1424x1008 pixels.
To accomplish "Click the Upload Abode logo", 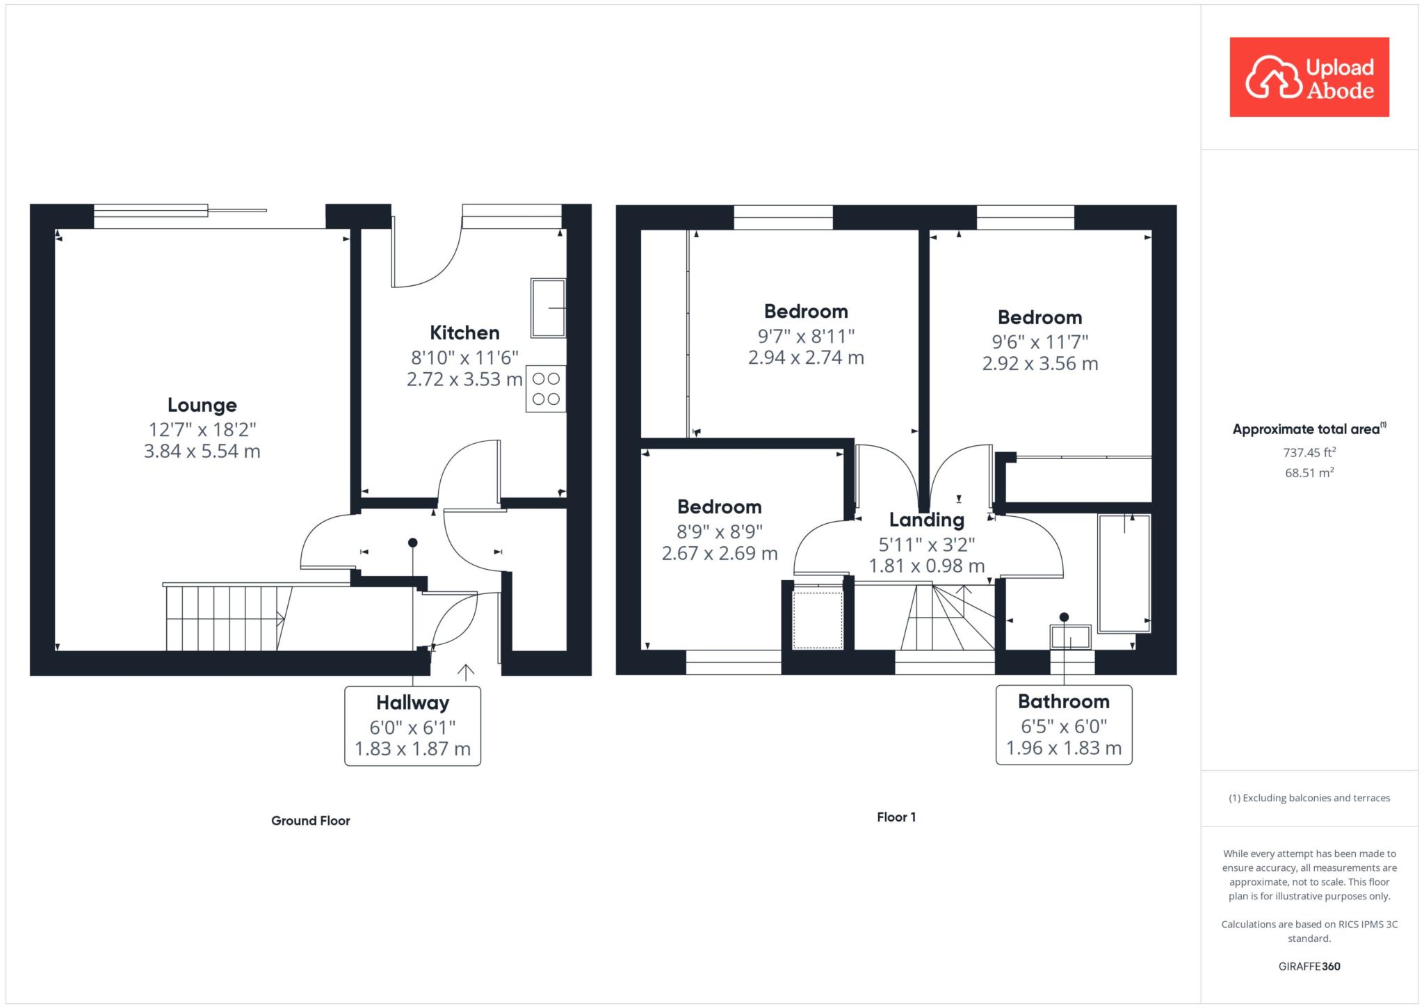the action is coord(1309,77).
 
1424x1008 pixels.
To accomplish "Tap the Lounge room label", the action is coord(202,405).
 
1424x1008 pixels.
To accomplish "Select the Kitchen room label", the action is coord(464,333).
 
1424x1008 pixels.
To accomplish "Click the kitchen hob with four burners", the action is coord(546,389).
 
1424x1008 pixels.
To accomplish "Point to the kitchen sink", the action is coord(549,308).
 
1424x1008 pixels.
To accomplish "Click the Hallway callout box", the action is coord(413,726).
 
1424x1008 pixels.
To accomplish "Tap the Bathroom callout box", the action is coord(1064,725).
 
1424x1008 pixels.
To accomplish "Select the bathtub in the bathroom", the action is coord(1124,573).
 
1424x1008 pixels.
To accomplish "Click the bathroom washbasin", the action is coord(1071,637).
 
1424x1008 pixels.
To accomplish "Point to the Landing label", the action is coord(927,520).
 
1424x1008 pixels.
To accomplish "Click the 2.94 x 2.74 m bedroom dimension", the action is coord(806,358).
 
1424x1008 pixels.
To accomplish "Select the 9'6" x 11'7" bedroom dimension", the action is coord(1040,342).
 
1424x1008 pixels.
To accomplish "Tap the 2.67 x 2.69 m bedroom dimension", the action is coord(720,554).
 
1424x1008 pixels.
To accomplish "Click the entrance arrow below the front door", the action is coord(465,671).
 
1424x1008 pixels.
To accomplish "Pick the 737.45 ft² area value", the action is coord(1309,452).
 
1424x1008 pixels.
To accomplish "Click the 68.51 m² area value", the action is coord(1309,473).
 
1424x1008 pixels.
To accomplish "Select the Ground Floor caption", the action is coord(311,821).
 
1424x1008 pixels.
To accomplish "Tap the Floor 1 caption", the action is coord(896,817).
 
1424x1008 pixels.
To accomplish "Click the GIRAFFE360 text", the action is coord(1309,966).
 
